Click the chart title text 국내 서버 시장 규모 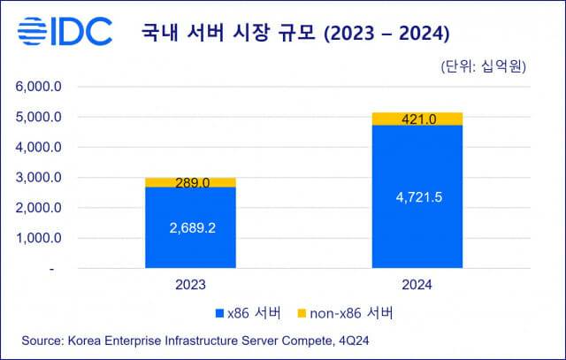click(232, 34)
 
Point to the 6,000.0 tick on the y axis click(36, 87)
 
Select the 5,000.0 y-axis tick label click(36, 117)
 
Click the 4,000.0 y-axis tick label click(36, 147)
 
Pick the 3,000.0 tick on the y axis click(36, 177)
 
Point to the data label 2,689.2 click(191, 227)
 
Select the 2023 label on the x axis click(191, 285)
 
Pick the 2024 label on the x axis click(417, 285)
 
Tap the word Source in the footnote click(38, 341)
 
